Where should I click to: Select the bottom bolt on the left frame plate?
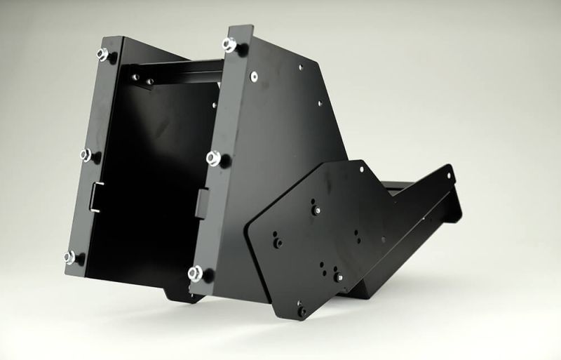72,257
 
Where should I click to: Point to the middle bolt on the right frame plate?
214,158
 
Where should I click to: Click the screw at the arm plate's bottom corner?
302,311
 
